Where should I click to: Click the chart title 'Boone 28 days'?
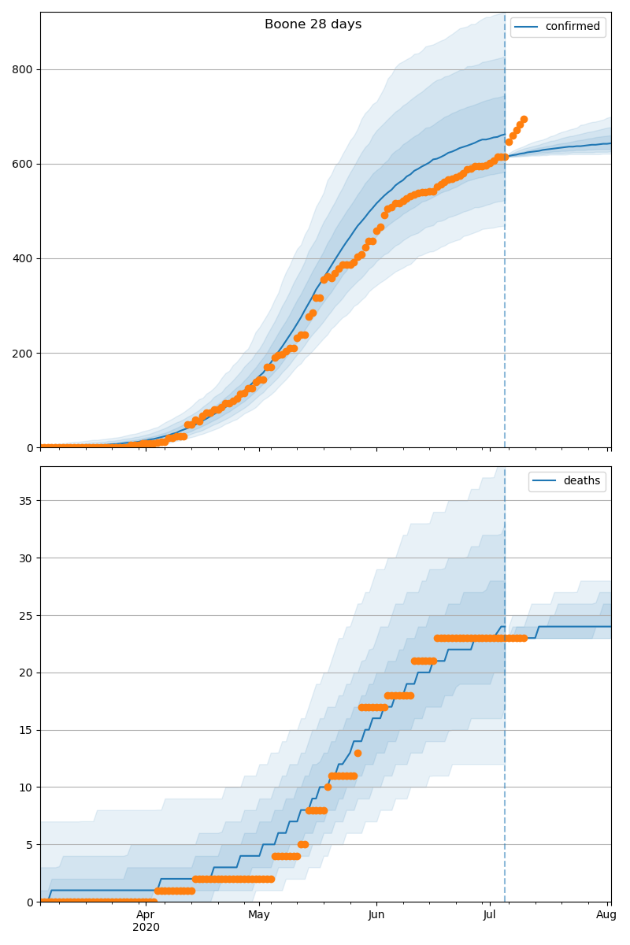click(x=313, y=24)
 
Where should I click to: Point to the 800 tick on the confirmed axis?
click(x=22, y=69)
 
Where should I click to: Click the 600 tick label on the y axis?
click(x=22, y=164)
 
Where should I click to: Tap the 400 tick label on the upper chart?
click(x=22, y=258)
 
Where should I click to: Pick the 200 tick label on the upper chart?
click(x=22, y=353)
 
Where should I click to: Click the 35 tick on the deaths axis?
click(x=26, y=501)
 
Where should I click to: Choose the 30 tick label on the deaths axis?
click(x=26, y=558)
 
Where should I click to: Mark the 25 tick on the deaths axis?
click(x=26, y=616)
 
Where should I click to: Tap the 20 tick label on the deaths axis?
click(x=26, y=673)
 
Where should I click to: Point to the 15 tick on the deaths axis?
click(x=26, y=730)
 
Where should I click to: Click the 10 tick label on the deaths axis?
click(x=26, y=787)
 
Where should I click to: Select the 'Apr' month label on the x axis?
click(x=146, y=914)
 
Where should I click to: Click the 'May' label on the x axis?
click(x=259, y=914)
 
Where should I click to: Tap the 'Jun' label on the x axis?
click(x=376, y=914)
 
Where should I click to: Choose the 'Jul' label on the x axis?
click(x=490, y=914)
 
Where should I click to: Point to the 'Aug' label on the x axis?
click(x=606, y=914)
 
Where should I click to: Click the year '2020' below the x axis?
click(x=146, y=927)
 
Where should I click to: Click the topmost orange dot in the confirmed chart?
click(x=524, y=120)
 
